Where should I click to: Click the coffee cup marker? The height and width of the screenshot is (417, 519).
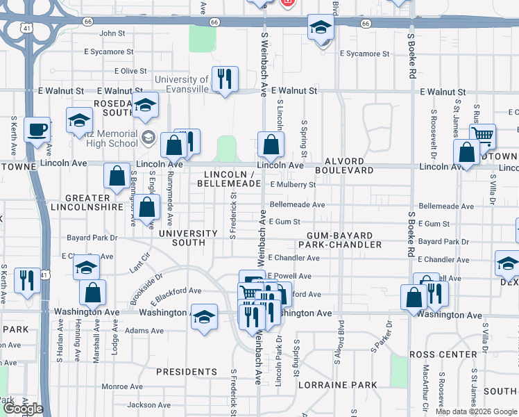pyautogui.click(x=36, y=129)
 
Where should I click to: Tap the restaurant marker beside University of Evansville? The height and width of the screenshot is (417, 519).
pyautogui.click(x=225, y=79)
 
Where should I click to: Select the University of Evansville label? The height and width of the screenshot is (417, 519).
pyautogui.click(x=182, y=84)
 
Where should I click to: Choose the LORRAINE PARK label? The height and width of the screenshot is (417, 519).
pyautogui.click(x=337, y=384)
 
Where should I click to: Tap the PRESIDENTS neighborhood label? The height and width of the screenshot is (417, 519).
pyautogui.click(x=187, y=372)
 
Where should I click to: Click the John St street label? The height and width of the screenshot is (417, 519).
pyautogui.click(x=112, y=33)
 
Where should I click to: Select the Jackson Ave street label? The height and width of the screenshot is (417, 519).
pyautogui.click(x=149, y=404)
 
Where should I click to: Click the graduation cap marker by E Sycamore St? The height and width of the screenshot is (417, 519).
pyautogui.click(x=321, y=27)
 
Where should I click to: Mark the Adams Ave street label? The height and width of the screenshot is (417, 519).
pyautogui.click(x=145, y=331)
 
